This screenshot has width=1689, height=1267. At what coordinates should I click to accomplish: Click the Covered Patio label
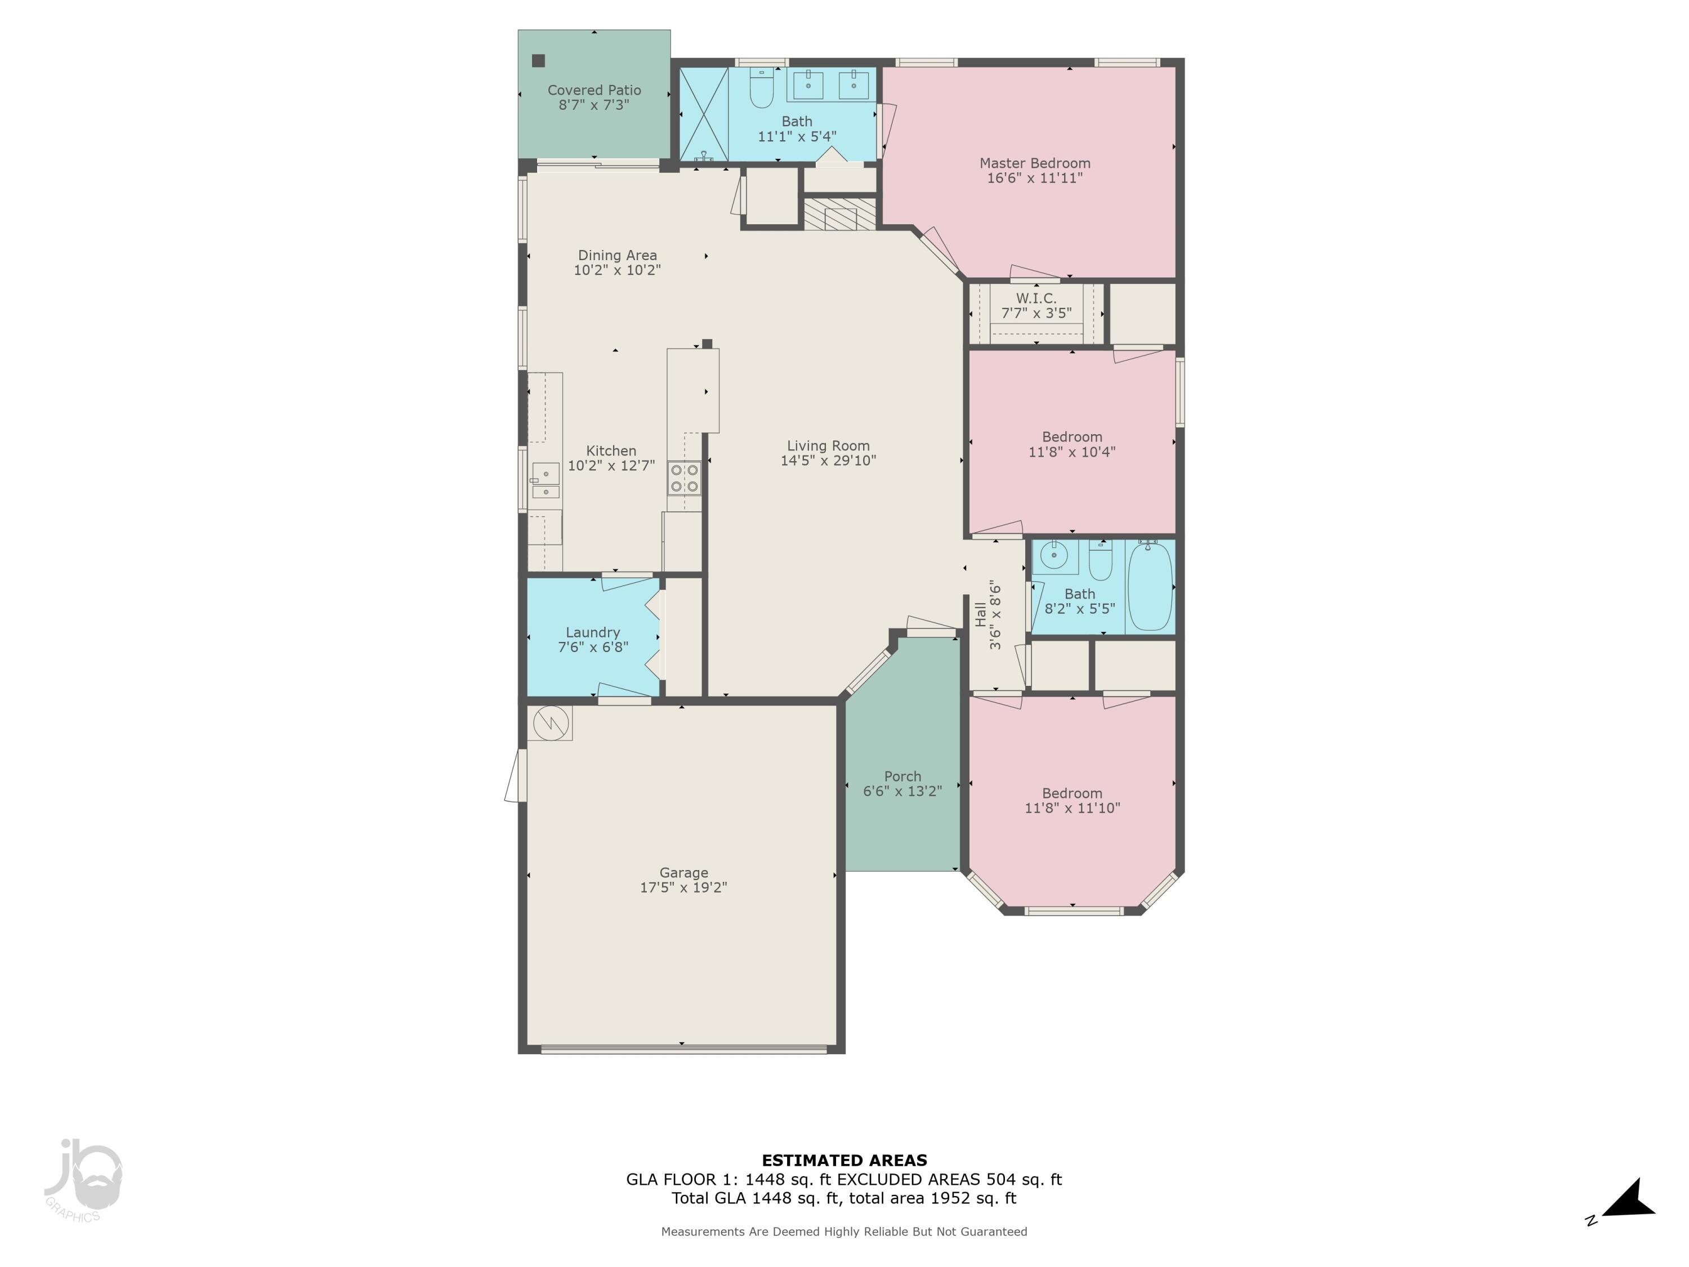(x=594, y=90)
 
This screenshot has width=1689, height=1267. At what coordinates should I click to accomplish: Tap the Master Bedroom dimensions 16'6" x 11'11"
(x=1035, y=178)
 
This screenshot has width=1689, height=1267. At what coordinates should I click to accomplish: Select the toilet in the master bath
(x=761, y=88)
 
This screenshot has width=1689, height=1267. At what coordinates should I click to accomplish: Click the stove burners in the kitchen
(x=684, y=478)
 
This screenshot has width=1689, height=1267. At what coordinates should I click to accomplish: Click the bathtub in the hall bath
(x=1150, y=587)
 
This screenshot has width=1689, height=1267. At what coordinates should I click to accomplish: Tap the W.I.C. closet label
(x=1036, y=298)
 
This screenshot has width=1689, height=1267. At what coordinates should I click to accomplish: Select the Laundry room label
(x=592, y=632)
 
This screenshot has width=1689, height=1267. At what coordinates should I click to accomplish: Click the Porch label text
(x=902, y=776)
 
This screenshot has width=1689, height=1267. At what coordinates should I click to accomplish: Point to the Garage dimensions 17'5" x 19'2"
(x=683, y=887)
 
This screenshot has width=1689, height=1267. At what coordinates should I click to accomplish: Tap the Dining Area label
(x=617, y=255)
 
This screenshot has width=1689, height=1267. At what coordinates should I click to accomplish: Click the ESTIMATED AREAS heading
(x=844, y=1161)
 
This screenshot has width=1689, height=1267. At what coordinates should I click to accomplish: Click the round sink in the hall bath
(x=1054, y=555)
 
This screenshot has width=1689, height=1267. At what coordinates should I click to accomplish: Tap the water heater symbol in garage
(x=551, y=722)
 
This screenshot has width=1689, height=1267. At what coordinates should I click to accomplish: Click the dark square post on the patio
(x=538, y=60)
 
